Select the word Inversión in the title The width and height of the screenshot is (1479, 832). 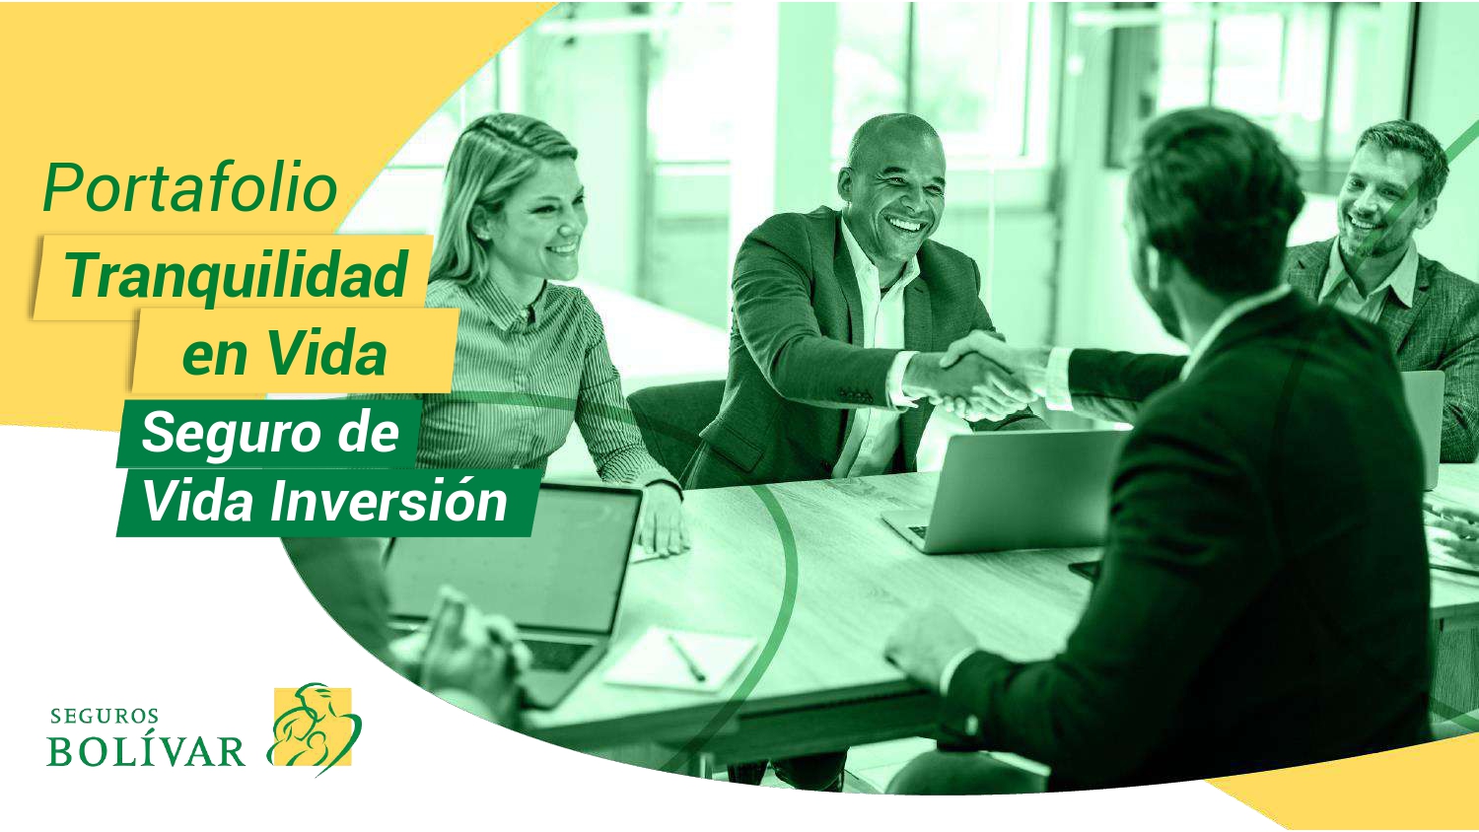tap(388, 502)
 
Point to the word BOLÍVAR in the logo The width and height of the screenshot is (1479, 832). tap(146, 751)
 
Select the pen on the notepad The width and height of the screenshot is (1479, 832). tap(686, 658)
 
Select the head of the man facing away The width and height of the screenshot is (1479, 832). tap(1212, 211)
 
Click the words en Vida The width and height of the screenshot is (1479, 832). tap(284, 353)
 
